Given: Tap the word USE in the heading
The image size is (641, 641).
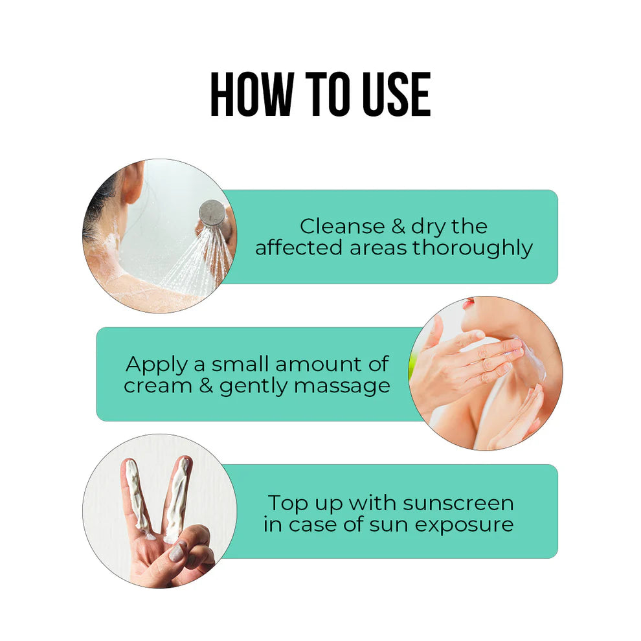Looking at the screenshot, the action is click(396, 94).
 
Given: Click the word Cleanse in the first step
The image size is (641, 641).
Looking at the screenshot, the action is click(342, 227).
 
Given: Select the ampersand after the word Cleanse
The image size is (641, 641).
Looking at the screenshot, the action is click(398, 227).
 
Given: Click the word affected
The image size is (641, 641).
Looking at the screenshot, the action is click(298, 248).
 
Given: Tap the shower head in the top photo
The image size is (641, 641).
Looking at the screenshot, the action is click(212, 213).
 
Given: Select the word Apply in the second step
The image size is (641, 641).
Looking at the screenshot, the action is click(156, 365).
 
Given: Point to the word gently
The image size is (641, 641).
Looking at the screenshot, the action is click(253, 387).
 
